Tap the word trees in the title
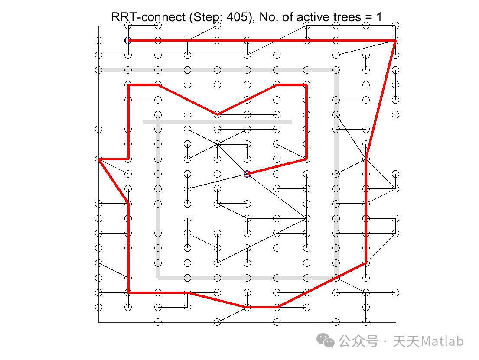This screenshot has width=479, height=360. [346, 17]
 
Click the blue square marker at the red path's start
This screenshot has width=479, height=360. [128, 41]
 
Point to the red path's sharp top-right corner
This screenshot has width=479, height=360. [395, 41]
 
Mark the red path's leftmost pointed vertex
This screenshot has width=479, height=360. [99, 160]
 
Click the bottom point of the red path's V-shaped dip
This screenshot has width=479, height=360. [218, 114]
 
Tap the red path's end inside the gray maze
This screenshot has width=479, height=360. [247, 174]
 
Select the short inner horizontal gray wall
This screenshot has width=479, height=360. [217, 122]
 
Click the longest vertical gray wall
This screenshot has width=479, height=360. [336, 173]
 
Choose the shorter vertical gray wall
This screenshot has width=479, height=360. [158, 199]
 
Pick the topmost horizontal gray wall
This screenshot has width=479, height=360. [217, 70]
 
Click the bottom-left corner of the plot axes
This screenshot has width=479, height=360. [99, 322]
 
